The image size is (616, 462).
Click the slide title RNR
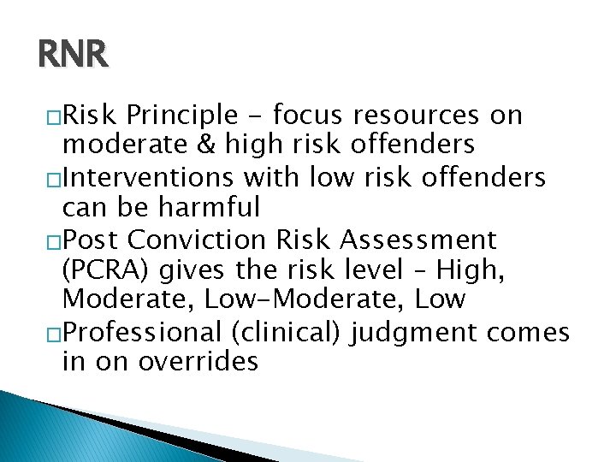(x=74, y=56)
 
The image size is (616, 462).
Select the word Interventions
(x=151, y=177)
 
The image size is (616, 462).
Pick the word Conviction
(x=196, y=239)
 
